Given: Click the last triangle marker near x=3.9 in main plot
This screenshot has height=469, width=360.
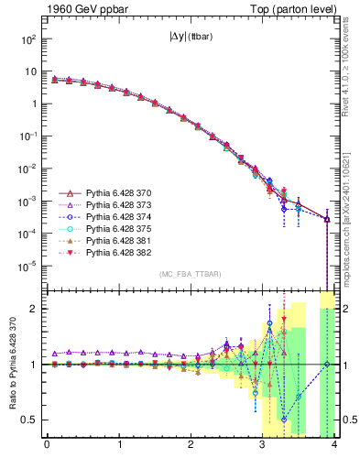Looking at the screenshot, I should click(327, 219).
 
